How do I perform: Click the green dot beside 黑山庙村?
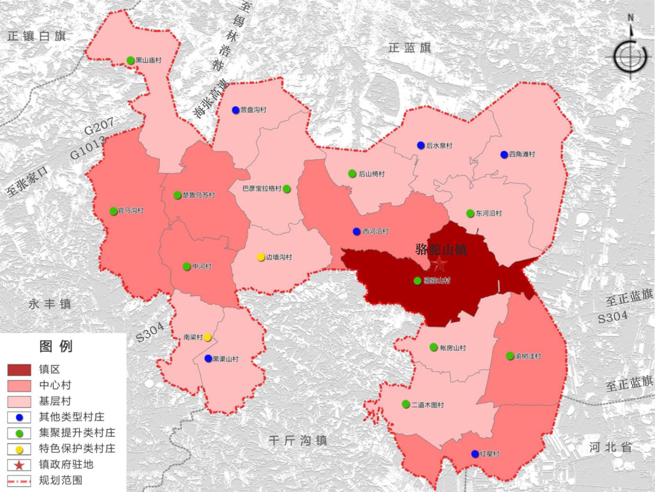pyautogui.click(x=131, y=60)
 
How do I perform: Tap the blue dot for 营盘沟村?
pyautogui.click(x=236, y=110)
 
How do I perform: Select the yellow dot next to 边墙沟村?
pyautogui.click(x=261, y=257)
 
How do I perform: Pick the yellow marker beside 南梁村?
pyautogui.click(x=207, y=337)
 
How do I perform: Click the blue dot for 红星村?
pyautogui.click(x=475, y=454)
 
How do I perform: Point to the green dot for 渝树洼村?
pyautogui.click(x=510, y=356)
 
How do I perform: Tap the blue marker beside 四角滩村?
pyautogui.click(x=504, y=154)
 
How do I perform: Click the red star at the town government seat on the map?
pyautogui.click(x=440, y=264)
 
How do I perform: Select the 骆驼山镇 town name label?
pyautogui.click(x=441, y=250)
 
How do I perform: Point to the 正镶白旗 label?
pyautogui.click(x=36, y=36)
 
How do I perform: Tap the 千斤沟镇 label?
pyautogui.click(x=298, y=441)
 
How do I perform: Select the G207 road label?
pyautogui.click(x=99, y=126)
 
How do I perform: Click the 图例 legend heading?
pyautogui.click(x=56, y=347)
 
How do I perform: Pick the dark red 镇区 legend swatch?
pyautogui.click(x=19, y=370)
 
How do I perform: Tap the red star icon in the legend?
pyautogui.click(x=19, y=465)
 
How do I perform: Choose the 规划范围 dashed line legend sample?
pyautogui.click(x=19, y=481)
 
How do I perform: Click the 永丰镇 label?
pyautogui.click(x=49, y=304)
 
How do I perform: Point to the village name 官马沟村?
pyautogui.click(x=131, y=211)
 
